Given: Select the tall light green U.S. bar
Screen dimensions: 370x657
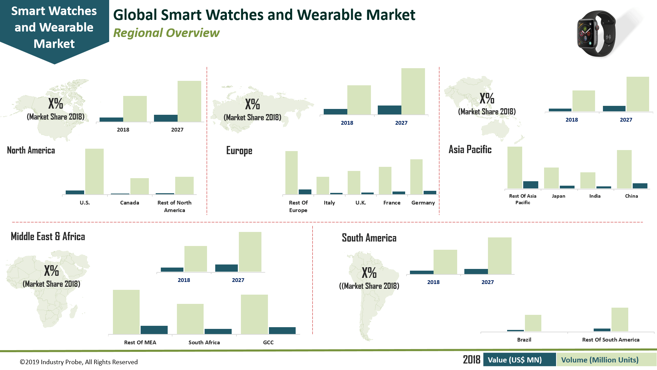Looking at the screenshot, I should (x=94, y=171).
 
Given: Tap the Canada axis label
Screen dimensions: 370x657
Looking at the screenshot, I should (x=129, y=203).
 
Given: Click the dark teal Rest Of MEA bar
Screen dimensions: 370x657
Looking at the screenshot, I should (x=154, y=330).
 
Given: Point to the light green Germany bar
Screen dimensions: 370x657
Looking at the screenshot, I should (x=416, y=177).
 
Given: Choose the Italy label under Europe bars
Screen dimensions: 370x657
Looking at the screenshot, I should (x=329, y=203).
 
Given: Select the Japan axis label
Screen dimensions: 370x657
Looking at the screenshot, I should (x=558, y=196).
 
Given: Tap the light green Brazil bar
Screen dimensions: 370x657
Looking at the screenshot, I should (x=533, y=323).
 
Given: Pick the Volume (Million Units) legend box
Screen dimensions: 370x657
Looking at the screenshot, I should (x=600, y=360).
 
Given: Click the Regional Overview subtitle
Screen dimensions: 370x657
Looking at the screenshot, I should (x=166, y=33).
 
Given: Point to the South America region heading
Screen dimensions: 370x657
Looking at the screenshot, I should (x=369, y=238).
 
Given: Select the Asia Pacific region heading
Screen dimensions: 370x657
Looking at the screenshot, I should (x=470, y=149).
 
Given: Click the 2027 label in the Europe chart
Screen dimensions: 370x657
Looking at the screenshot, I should (x=401, y=123).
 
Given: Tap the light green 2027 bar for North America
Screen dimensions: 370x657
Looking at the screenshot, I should (x=189, y=101).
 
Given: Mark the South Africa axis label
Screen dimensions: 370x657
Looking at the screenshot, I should (x=204, y=342).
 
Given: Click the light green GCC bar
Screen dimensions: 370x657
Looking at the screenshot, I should (x=254, y=314).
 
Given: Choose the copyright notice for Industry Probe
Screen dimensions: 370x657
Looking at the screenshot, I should (x=79, y=362).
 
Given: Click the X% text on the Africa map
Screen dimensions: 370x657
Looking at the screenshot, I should (x=51, y=271).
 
